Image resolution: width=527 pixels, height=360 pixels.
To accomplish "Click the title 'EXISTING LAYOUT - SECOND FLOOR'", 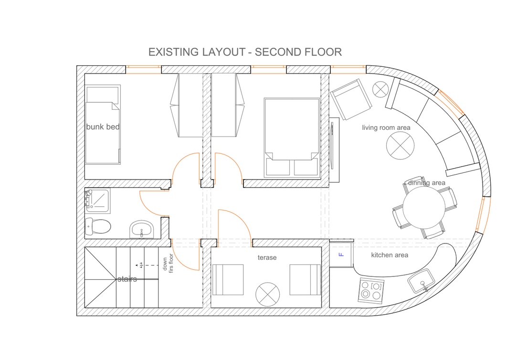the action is coord(245,52).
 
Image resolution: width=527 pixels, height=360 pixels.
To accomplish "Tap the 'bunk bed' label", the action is coord(103,127).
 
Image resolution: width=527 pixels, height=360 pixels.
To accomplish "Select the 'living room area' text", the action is coord(386,128).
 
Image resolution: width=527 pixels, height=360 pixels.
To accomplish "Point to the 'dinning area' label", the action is coord(426,183).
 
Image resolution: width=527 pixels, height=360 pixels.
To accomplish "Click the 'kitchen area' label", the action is coord(390,255).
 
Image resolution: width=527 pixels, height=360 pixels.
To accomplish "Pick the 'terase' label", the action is coord(267,257).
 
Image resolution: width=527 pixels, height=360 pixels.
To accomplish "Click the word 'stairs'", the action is coord(127,279).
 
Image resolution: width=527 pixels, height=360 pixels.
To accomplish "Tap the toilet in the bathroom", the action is coord(98,226).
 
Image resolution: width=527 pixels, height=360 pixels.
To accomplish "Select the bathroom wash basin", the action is coord(141,229).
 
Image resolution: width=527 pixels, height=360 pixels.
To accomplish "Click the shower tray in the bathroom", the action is coord(97,201).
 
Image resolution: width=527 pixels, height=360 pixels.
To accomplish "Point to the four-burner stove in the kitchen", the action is coord(372,290).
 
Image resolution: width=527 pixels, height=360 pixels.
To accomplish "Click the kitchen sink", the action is coord(421,281).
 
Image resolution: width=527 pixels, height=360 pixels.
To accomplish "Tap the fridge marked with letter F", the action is coord(341,254).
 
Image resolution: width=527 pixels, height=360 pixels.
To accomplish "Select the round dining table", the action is coord(424,208).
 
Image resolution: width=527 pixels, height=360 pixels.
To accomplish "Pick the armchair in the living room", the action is coord(351,99).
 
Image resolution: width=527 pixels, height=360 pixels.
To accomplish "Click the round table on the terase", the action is coord(267,295).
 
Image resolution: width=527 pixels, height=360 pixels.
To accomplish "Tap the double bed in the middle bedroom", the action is coord(292,138).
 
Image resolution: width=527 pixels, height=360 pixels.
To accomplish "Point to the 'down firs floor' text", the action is coord(168,263).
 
